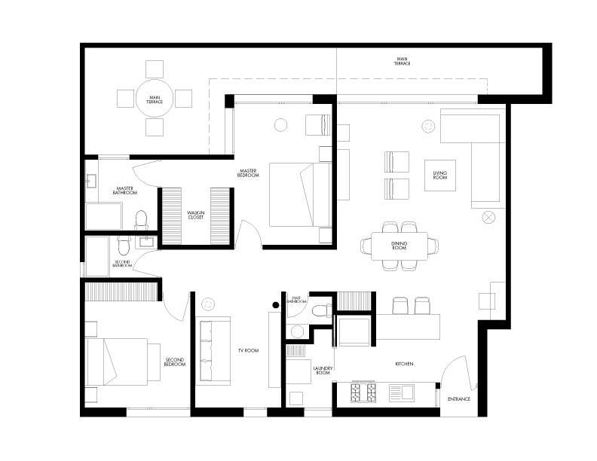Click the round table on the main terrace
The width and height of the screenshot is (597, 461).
tap(155, 99)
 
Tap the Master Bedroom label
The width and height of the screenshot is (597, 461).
tap(248, 173)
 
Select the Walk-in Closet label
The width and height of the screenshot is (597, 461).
tap(196, 215)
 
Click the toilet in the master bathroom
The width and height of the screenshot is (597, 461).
tap(141, 220)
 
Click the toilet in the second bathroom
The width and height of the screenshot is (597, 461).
tap(124, 246)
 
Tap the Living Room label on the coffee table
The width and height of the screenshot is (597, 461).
tap(440, 176)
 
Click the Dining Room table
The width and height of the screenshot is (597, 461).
tap(400, 246)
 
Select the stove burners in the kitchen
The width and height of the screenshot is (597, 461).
tap(363, 392)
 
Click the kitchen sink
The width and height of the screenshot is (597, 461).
tap(401, 392)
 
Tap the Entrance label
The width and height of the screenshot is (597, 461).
tap(459, 399)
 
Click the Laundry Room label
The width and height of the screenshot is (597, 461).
tap(323, 371)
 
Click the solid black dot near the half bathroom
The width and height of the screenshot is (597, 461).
tap(275, 304)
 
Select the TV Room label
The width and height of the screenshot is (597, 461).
tap(248, 350)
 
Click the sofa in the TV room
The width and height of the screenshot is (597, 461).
tap(213, 351)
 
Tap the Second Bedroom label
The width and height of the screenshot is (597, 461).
tap(175, 362)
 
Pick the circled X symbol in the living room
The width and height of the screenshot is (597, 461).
tap(488, 217)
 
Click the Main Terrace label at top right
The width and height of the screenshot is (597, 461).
tap(402, 61)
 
